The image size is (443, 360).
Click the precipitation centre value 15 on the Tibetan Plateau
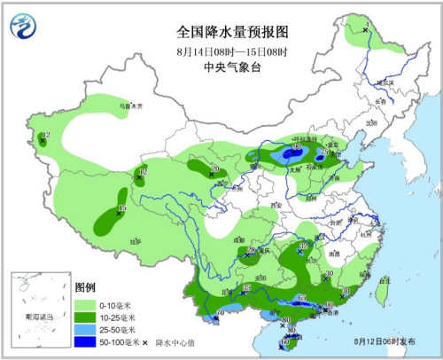[x=122, y=208]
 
